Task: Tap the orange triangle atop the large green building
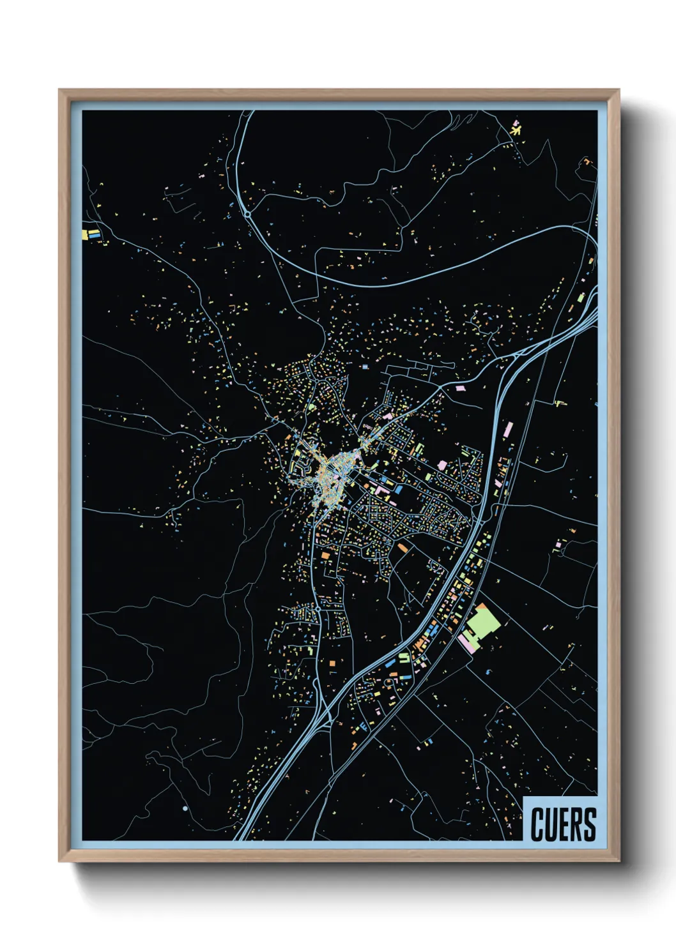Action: coord(481,606)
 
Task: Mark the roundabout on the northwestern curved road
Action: coord(247,214)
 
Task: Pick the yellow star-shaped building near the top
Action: coord(516,130)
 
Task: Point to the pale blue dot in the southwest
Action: coord(185,808)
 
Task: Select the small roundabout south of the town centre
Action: coord(318,610)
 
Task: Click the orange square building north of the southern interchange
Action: coord(332,664)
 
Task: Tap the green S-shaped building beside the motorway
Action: coord(404,658)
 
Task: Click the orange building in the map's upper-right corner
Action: coord(586,162)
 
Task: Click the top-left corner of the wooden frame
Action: coord(61,91)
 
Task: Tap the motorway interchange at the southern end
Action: coord(326,715)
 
